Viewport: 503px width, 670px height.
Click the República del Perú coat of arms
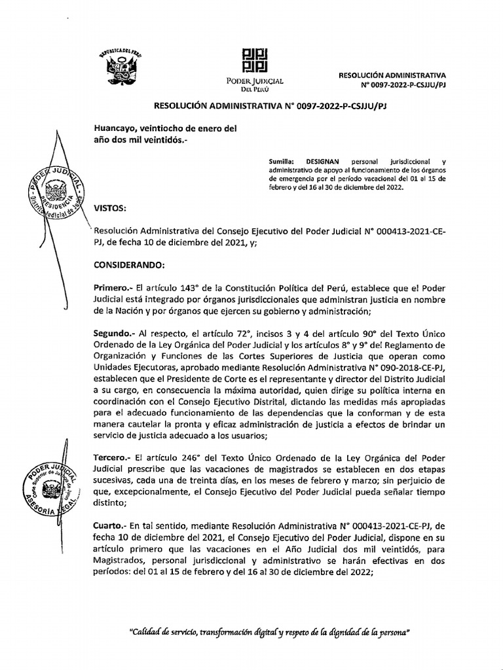[120, 66]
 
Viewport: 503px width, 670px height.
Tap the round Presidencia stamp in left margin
[54, 191]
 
